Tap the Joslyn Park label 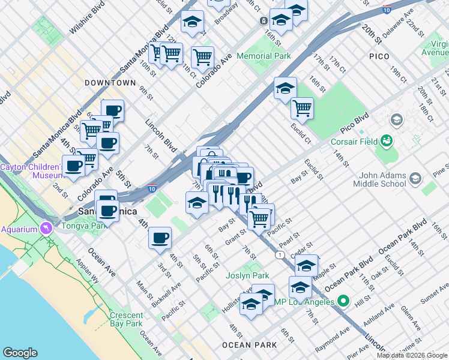[x=247, y=276]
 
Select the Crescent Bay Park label [x=126, y=319]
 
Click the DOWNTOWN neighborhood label [x=110, y=83]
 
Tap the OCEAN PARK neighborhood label [x=250, y=345]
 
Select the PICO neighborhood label [x=379, y=56]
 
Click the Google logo [x=20, y=353]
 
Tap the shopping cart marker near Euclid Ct [x=302, y=109]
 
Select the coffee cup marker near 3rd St [x=160, y=238]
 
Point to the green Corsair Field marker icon [x=387, y=141]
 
